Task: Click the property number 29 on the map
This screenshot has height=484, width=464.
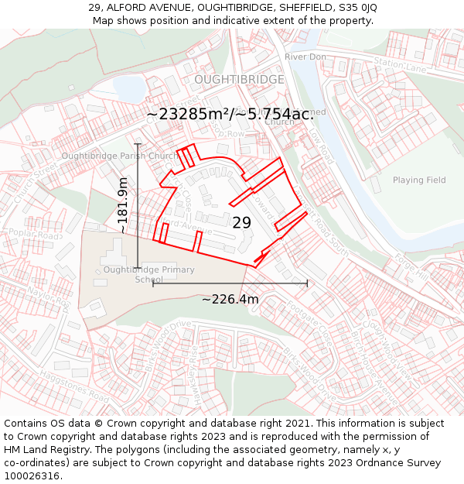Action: click(x=242, y=222)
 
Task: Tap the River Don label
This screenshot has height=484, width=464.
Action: click(x=305, y=57)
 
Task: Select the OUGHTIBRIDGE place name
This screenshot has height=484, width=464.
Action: click(x=239, y=80)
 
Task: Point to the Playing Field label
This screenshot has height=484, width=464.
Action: click(x=419, y=180)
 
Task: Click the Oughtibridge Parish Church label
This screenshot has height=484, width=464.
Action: click(x=120, y=156)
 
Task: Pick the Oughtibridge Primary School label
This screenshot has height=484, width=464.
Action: click(x=149, y=274)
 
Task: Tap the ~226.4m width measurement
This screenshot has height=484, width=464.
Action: click(x=230, y=299)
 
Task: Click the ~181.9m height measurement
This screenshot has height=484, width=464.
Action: click(x=123, y=205)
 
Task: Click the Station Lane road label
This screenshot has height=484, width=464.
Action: click(x=400, y=65)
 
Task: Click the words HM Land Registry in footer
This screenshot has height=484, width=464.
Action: click(x=39, y=450)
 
